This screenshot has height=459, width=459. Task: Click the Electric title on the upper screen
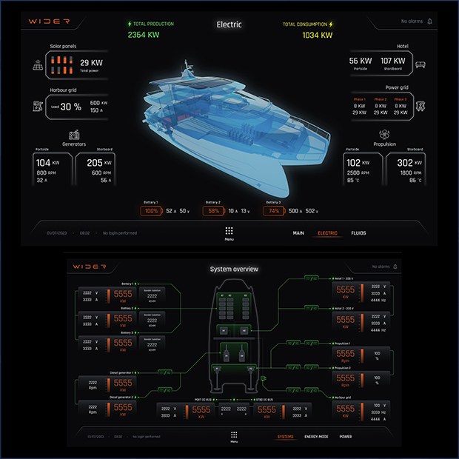pyautogui.click(x=229, y=24)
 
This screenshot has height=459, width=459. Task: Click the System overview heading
pyautogui.click(x=234, y=269)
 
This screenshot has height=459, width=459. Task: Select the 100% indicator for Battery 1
pyautogui.click(x=152, y=211)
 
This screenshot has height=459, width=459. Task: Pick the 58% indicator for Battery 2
pyautogui.click(x=213, y=211)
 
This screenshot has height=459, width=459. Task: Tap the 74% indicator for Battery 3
pyautogui.click(x=274, y=211)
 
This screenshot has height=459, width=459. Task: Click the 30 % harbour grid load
pyautogui.click(x=71, y=107)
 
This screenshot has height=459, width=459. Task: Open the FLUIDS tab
pyautogui.click(x=358, y=233)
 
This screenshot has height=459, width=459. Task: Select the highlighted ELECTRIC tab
pyautogui.click(x=327, y=233)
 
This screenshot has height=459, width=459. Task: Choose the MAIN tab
pyautogui.click(x=298, y=233)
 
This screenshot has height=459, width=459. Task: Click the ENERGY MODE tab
pyautogui.click(x=317, y=436)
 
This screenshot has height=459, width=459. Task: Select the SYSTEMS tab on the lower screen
pyautogui.click(x=285, y=436)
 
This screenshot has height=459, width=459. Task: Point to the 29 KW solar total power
pyautogui.click(x=91, y=63)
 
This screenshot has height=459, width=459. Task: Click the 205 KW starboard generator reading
pyautogui.click(x=95, y=162)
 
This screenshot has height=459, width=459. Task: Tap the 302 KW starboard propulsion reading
pyautogui.click(x=405, y=163)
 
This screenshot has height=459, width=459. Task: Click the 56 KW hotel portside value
pyautogui.click(x=361, y=61)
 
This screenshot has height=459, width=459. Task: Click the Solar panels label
pyautogui.click(x=64, y=46)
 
